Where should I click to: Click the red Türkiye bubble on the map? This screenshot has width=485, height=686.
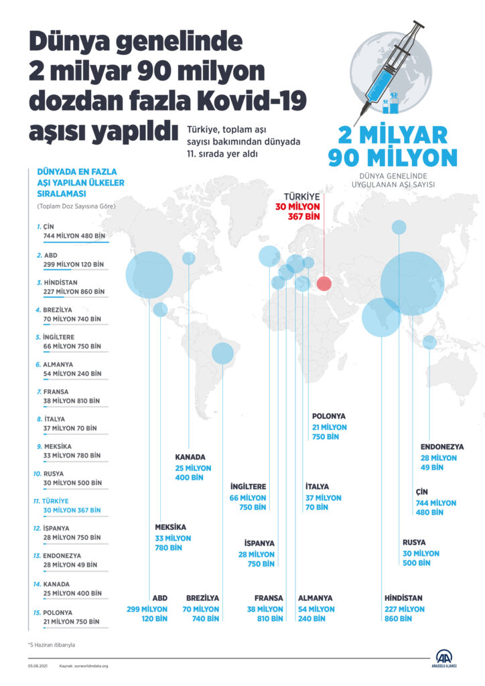pos(324,284)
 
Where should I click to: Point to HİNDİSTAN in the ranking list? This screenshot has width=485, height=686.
pos(70,287)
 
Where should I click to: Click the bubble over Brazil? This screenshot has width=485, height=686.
pos(221,352)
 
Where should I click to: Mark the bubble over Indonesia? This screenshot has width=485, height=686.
pos(429,342)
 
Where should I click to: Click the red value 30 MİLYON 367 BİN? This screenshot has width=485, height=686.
pos(298,211)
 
